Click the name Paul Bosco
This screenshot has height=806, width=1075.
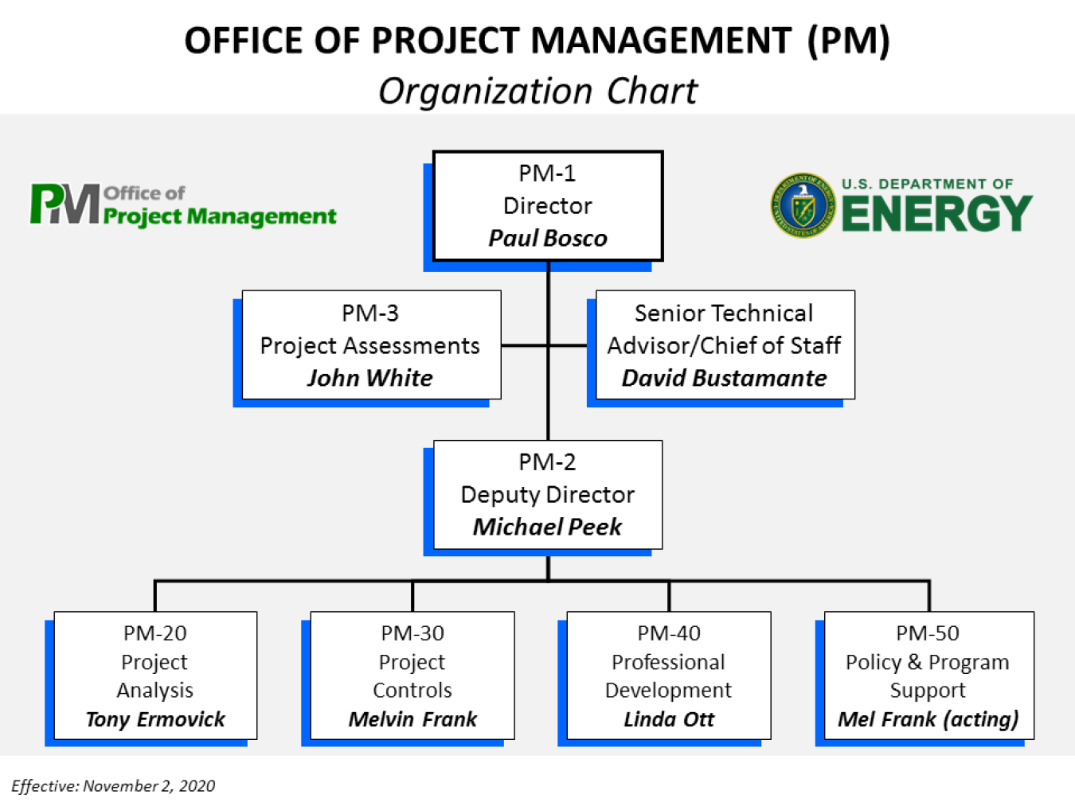(547, 238)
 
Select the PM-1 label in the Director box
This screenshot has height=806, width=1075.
(547, 173)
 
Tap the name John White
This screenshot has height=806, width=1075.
(370, 378)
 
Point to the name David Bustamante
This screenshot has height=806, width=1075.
(724, 378)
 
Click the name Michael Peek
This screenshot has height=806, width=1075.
(547, 527)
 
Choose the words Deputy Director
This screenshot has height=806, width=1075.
(547, 494)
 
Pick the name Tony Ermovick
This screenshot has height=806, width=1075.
(155, 719)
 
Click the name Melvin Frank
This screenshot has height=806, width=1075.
(412, 719)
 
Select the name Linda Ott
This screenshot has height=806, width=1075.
(669, 719)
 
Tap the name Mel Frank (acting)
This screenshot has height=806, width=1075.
(928, 719)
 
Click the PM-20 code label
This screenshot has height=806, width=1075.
(155, 633)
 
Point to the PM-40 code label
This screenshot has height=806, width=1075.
(669, 633)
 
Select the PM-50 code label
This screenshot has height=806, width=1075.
(928, 633)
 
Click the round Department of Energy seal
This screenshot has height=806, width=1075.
(803, 206)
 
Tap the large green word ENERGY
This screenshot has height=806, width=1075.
(936, 214)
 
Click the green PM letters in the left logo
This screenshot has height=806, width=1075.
(64, 204)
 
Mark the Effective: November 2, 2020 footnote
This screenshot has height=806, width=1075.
(113, 786)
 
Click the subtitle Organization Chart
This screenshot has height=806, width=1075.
(537, 91)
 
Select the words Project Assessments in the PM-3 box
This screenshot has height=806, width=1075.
(370, 345)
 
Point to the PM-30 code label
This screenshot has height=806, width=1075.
(412, 633)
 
